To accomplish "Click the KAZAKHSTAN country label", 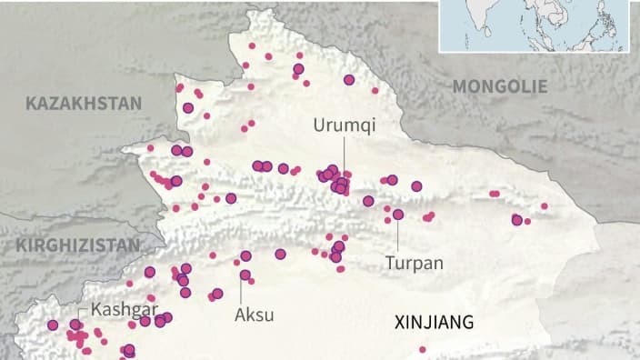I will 84,103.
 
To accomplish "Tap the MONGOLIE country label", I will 500,86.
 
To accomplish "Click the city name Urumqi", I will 344,125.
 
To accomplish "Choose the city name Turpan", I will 414,263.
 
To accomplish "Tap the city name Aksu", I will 255,315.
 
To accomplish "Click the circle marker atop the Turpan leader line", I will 398,215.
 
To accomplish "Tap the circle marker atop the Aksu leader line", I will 245,275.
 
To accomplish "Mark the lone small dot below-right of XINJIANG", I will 423,349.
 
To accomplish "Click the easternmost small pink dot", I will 545,206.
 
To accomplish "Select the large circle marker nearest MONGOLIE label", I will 349,80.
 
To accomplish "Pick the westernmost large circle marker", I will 52,325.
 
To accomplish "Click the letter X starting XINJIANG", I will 398,322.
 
